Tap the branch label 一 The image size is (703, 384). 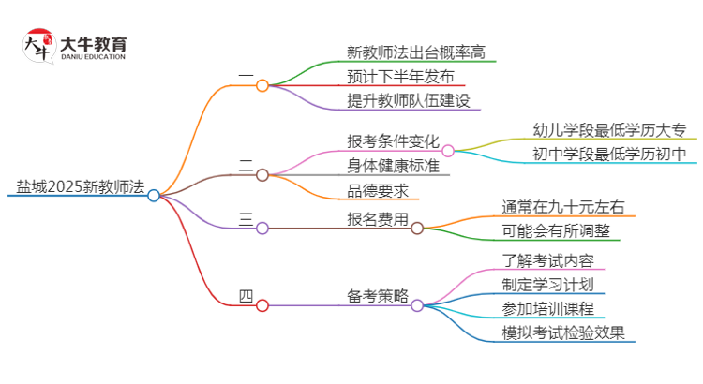coord(246,75)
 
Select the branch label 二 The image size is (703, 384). coord(246,166)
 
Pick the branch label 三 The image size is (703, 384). coord(246,219)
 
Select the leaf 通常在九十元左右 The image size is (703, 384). coord(564,207)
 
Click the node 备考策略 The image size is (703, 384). coord(378,297)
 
